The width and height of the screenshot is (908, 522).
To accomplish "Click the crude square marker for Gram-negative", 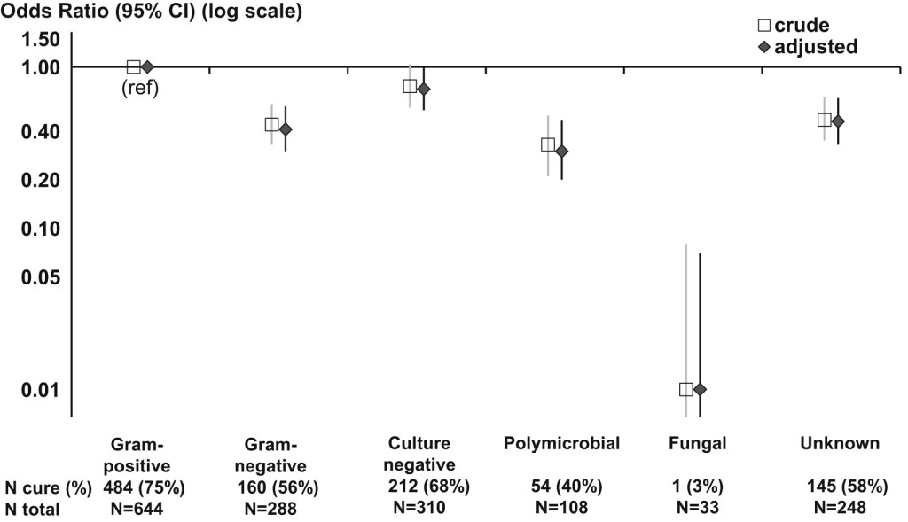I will (x=271, y=125).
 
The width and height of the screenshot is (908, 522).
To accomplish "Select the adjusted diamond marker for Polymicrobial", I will (x=561, y=151).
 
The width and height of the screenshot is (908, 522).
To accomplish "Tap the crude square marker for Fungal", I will (x=685, y=389).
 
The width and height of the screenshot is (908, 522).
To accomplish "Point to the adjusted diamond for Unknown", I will (x=838, y=121).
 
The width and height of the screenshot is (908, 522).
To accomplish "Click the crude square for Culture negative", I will (x=410, y=86).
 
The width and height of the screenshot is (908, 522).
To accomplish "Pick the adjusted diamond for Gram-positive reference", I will (x=147, y=66).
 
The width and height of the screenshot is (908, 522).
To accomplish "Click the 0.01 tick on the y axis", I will (x=42, y=390).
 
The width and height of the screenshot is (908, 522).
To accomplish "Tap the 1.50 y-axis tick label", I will (x=42, y=39).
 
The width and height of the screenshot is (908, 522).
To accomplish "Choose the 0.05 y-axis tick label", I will (x=42, y=277).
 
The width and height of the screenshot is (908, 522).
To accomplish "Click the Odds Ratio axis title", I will (x=151, y=12).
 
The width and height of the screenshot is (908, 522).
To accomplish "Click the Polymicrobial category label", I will (x=560, y=443).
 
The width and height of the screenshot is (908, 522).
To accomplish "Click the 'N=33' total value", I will (x=698, y=509).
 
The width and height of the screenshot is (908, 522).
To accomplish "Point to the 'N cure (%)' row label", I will (x=49, y=487).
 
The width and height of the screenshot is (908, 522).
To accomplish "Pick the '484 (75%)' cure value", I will (x=144, y=487).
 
